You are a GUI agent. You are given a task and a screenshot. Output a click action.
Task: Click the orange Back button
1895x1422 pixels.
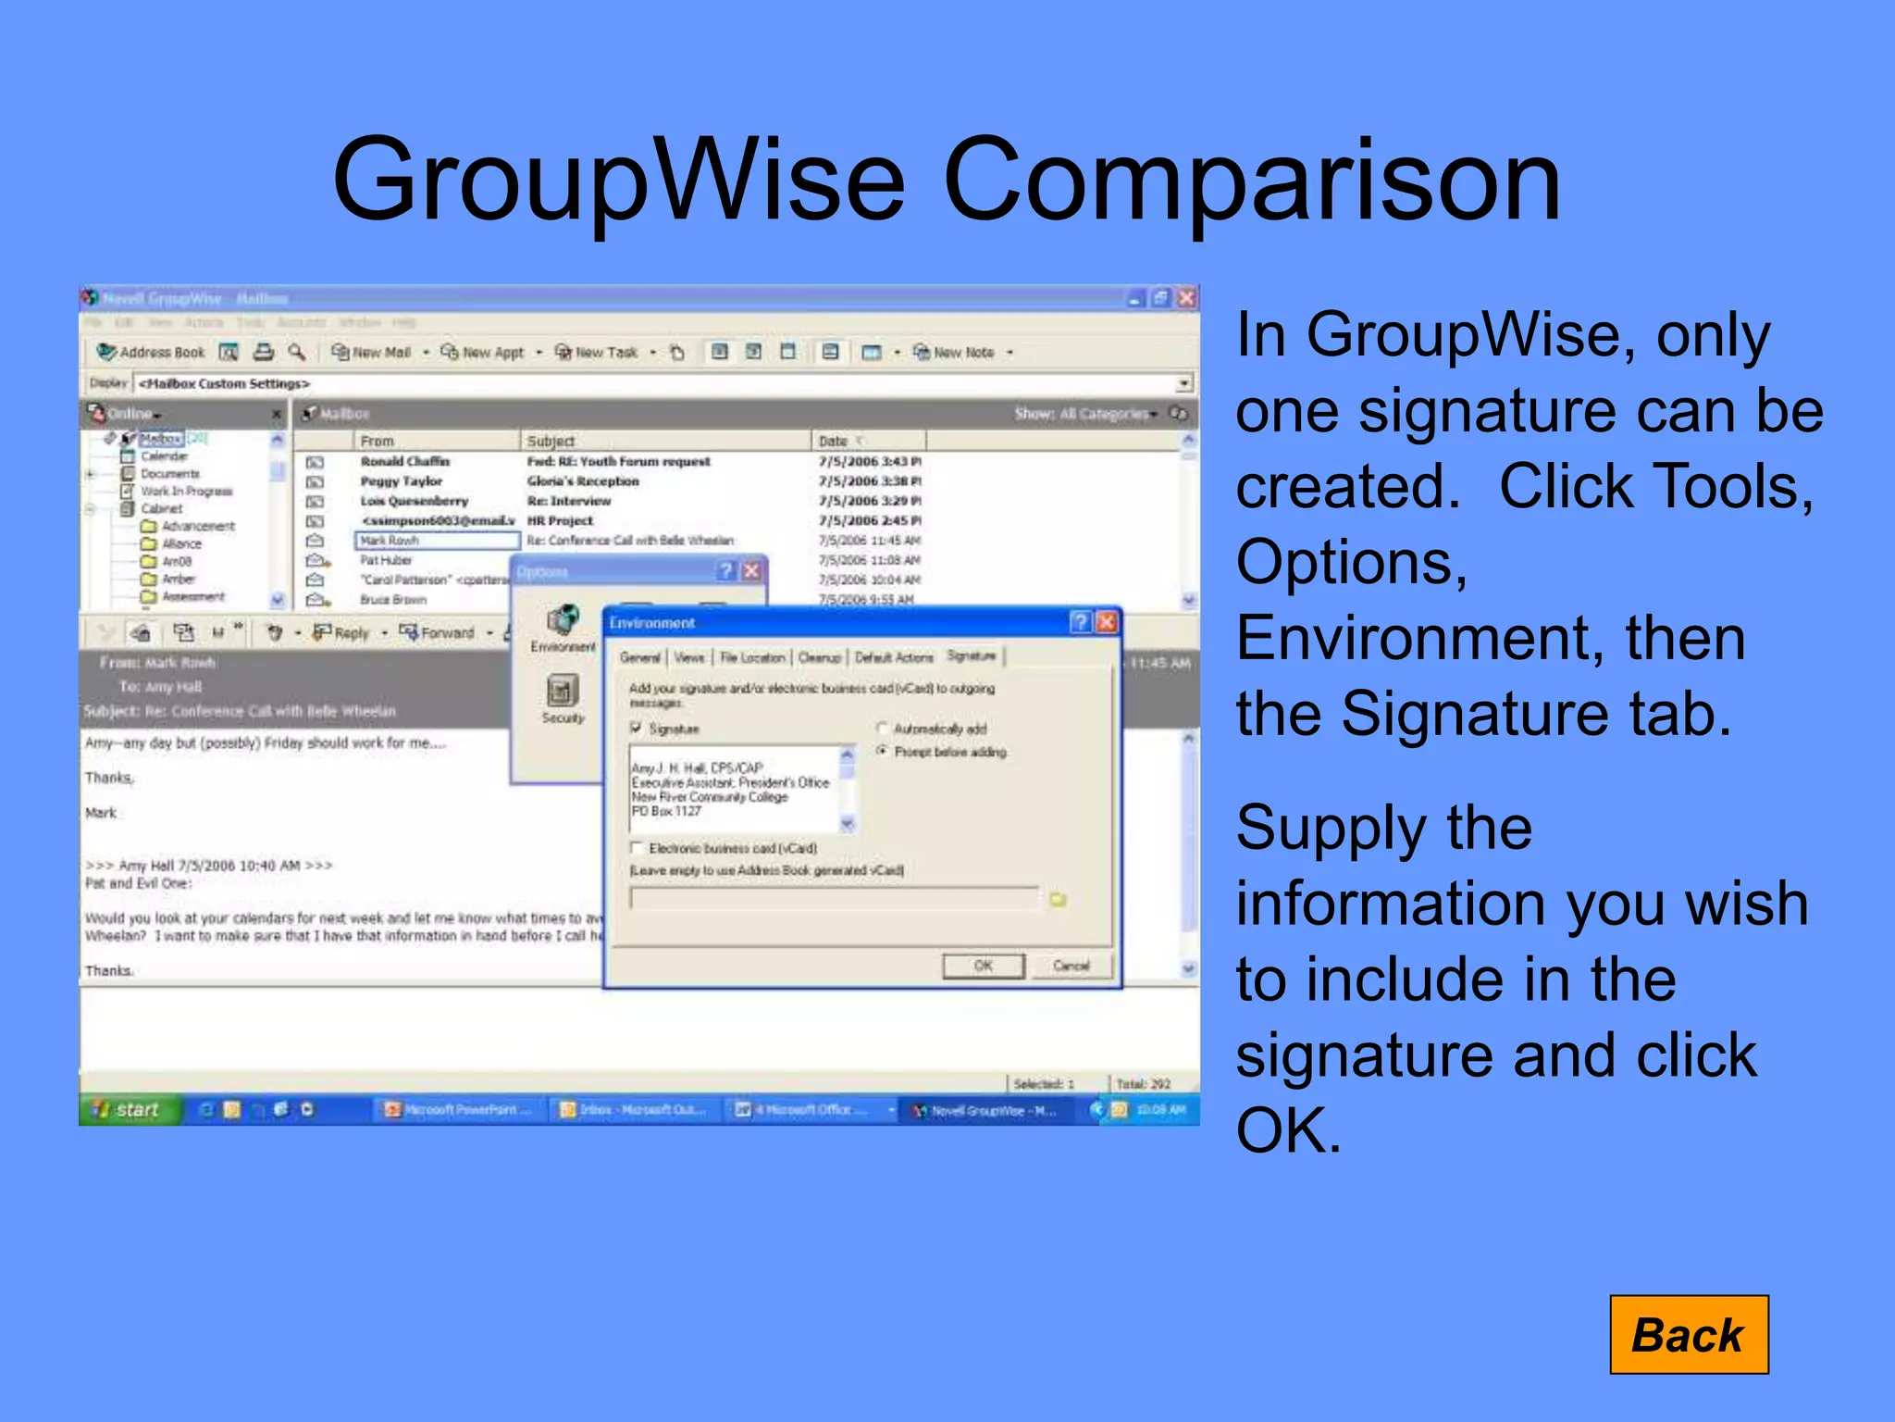(1688, 1334)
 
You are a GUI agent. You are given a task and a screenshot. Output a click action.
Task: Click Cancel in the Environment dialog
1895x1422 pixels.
(1071, 966)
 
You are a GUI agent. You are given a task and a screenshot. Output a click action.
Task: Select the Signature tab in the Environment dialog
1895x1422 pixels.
(971, 655)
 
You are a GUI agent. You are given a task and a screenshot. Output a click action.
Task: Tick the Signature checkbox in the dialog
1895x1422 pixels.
(636, 728)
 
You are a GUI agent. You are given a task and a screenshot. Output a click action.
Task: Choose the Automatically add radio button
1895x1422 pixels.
(882, 728)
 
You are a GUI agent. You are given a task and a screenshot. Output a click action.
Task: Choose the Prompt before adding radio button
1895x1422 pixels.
(882, 751)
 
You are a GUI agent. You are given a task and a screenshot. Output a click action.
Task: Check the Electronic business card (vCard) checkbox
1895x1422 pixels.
(636, 847)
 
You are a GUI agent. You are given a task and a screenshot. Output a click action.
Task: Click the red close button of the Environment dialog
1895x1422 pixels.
(1106, 622)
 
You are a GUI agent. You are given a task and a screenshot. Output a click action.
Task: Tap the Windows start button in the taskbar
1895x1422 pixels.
(129, 1109)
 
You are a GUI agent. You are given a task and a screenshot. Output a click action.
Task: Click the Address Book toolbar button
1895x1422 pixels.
(152, 352)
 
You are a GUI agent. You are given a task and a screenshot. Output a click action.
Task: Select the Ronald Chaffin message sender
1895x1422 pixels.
(404, 461)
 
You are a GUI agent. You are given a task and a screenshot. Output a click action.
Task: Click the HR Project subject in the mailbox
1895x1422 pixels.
(560, 520)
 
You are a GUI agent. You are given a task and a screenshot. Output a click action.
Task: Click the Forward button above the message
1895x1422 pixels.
(439, 632)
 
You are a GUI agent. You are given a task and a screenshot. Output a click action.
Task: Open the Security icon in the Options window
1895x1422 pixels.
(563, 698)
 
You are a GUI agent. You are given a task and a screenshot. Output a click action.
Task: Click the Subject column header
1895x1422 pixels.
(551, 441)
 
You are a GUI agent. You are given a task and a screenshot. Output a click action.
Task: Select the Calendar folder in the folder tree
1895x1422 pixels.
(164, 455)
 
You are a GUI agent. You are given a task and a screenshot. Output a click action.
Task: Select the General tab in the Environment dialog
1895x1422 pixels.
(639, 657)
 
